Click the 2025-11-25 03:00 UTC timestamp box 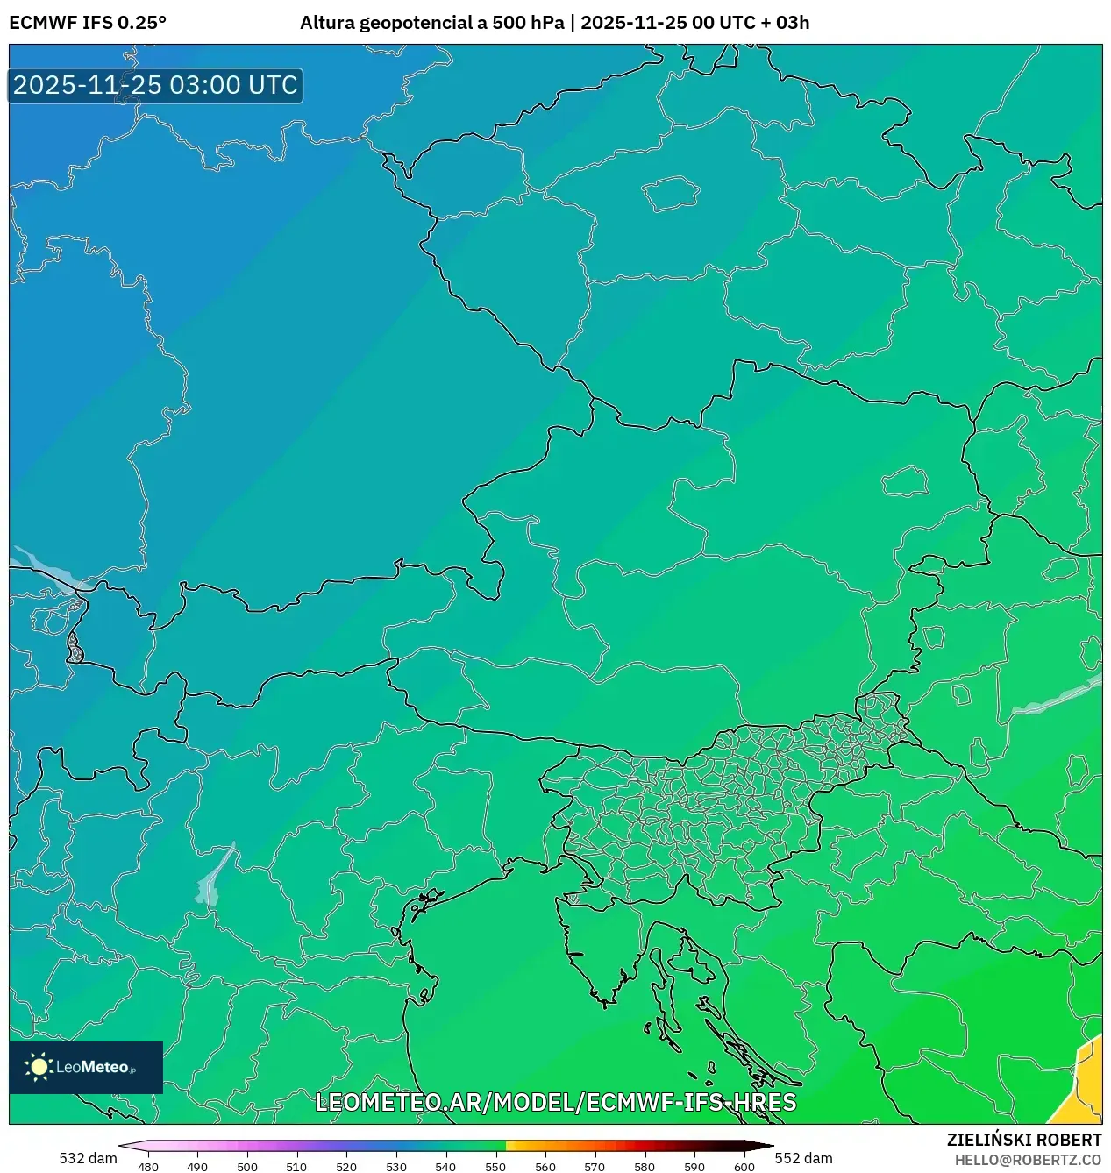155,86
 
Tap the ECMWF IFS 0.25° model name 88,23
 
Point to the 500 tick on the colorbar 247,1166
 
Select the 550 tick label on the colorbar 495,1166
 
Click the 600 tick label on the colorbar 744,1166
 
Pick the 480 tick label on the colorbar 148,1166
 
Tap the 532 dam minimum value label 88,1158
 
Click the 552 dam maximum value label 804,1158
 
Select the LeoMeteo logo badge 86,1067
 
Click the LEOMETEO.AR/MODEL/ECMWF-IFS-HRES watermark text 555,1102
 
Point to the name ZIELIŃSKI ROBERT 1023,1140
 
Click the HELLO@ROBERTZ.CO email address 1028,1160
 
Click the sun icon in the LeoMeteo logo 39,1067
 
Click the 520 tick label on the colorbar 346,1166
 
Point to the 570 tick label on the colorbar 595,1166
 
